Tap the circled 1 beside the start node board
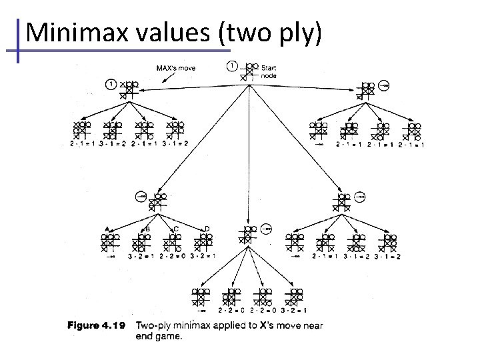coord(232,66)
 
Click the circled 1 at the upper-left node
coord(111,84)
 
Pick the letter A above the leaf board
coord(107,229)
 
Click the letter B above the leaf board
coord(147,229)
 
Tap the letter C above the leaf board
coord(176,229)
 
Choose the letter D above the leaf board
coord(207,229)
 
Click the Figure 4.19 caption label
coord(96,326)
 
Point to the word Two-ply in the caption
coord(153,326)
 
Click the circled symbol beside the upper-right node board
coord(385,85)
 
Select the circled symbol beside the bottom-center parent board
coord(266,229)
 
